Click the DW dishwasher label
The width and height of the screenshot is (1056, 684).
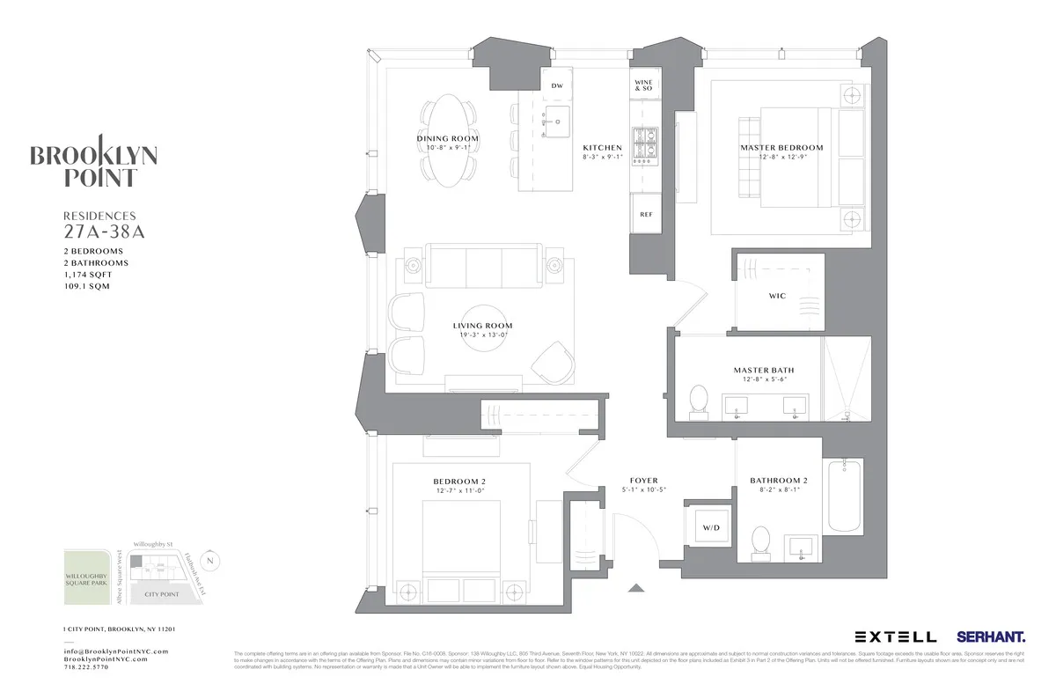(x=556, y=85)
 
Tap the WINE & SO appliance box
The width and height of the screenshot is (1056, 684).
(x=643, y=85)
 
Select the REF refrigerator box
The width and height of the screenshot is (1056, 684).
(x=645, y=214)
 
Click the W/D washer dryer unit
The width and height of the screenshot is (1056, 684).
(x=710, y=529)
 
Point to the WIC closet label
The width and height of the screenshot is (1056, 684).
(x=777, y=296)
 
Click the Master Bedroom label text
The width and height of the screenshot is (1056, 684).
(x=781, y=148)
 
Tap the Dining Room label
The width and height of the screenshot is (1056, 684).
(x=448, y=139)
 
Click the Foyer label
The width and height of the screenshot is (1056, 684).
(x=643, y=481)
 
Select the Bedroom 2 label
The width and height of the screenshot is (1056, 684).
(x=459, y=482)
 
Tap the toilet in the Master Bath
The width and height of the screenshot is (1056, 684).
(x=699, y=402)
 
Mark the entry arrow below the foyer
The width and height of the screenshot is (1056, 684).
(x=636, y=587)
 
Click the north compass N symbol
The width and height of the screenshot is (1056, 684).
(x=209, y=560)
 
